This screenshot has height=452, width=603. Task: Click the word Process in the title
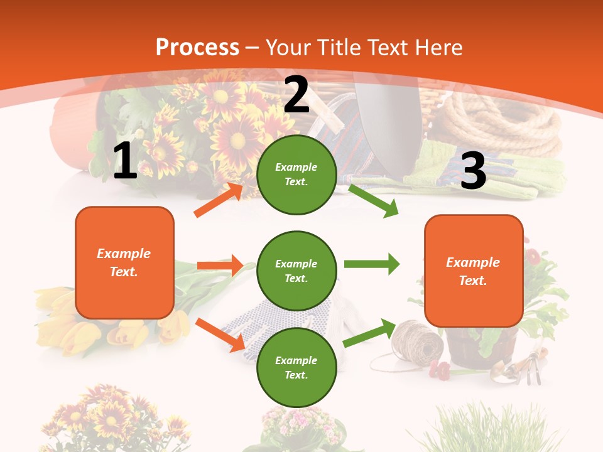pyautogui.click(x=197, y=47)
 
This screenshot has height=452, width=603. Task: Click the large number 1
pyautogui.click(x=125, y=161)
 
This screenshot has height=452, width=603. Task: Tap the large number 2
pyautogui.click(x=296, y=95)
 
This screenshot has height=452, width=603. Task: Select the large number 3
pyautogui.click(x=473, y=171)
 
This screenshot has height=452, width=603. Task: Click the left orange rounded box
pyautogui.click(x=124, y=262)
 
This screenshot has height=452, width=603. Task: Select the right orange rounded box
pyautogui.click(x=474, y=271)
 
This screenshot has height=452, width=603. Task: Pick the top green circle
pyautogui.click(x=296, y=175)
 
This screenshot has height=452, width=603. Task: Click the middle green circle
pyautogui.click(x=296, y=271)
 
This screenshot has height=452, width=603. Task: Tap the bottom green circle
pyautogui.click(x=296, y=368)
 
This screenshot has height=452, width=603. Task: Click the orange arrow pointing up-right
pyautogui.click(x=219, y=200)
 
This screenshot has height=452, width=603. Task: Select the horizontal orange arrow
pyautogui.click(x=220, y=266)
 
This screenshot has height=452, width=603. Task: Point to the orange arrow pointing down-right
pyautogui.click(x=220, y=335)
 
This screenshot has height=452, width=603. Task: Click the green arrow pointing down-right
pyautogui.click(x=373, y=200)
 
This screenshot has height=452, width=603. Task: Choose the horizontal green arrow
pyautogui.click(x=371, y=264)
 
